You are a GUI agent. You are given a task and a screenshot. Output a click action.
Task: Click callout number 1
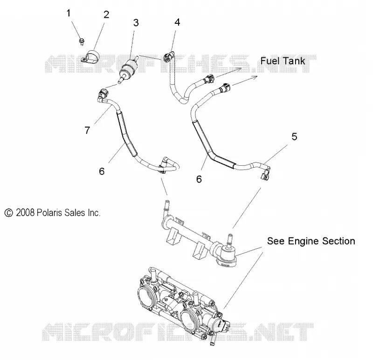click(69, 14)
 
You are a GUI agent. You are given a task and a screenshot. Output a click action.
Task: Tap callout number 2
click(106, 15)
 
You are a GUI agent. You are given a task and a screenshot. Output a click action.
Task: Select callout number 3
click(136, 23)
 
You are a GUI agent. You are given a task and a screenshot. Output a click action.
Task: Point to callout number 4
click(177, 22)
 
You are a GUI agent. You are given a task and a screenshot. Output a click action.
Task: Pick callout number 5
click(294, 136)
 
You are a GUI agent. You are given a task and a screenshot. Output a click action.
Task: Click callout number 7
click(87, 130)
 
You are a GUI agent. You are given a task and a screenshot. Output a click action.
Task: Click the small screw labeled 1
click(82, 41)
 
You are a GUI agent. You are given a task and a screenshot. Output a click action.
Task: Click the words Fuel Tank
click(283, 61)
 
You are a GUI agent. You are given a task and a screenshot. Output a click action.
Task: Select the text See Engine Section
click(311, 241)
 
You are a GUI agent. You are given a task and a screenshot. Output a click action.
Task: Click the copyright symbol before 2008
click(8, 213)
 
